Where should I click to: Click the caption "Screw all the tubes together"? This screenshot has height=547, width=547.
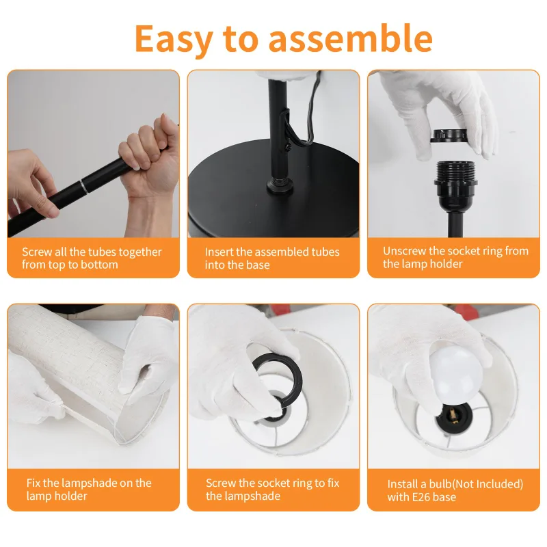(x=92, y=252)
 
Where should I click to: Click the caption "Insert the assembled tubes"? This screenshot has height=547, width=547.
(x=272, y=252)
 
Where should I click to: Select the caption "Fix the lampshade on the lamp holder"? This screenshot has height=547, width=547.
(x=89, y=489)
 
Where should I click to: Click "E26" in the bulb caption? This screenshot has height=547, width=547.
(x=424, y=497)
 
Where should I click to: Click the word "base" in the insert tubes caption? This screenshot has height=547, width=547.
(x=257, y=265)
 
